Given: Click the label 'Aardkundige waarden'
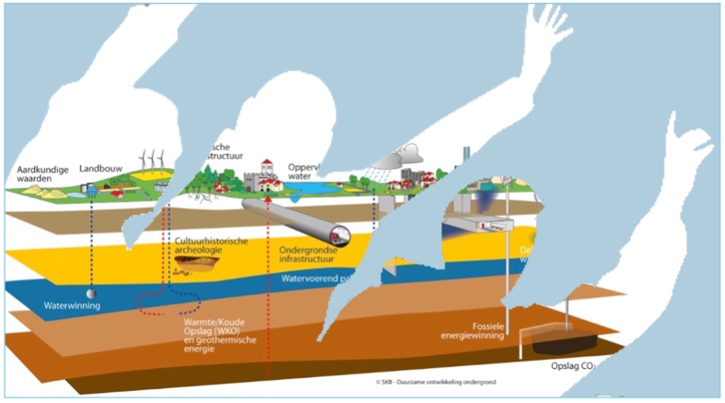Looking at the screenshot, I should (43, 175).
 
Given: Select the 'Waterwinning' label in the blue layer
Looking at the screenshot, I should (72, 305).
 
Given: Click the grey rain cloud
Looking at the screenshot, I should (405, 153).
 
